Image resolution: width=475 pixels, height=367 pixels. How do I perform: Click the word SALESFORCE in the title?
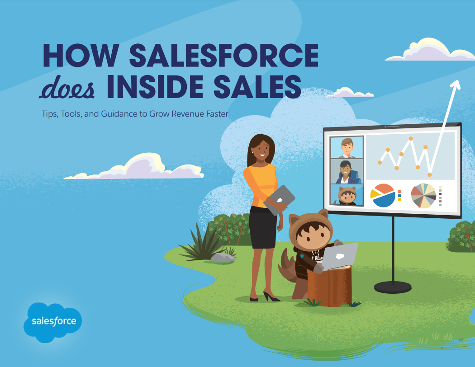pyautogui.click(x=224, y=55)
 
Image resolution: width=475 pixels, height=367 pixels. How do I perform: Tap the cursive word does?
pyautogui.click(x=66, y=88)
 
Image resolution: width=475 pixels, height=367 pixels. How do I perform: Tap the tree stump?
pyautogui.click(x=330, y=286)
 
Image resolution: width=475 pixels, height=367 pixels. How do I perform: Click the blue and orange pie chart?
pyautogui.click(x=383, y=195)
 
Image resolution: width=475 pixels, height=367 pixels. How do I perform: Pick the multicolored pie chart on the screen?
pyautogui.click(x=423, y=195)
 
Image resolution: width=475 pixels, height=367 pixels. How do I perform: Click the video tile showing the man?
pyautogui.click(x=347, y=147)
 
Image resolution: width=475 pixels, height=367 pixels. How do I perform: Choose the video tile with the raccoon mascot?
pyautogui.click(x=347, y=195)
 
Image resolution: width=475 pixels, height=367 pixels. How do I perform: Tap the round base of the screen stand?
pyautogui.click(x=393, y=287)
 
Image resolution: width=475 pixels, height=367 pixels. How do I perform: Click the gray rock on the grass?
pyautogui.click(x=223, y=258)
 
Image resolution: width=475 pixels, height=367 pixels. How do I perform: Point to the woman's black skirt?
pyautogui.click(x=263, y=227)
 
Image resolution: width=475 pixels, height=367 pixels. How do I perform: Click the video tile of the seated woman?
pyautogui.click(x=347, y=171)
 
